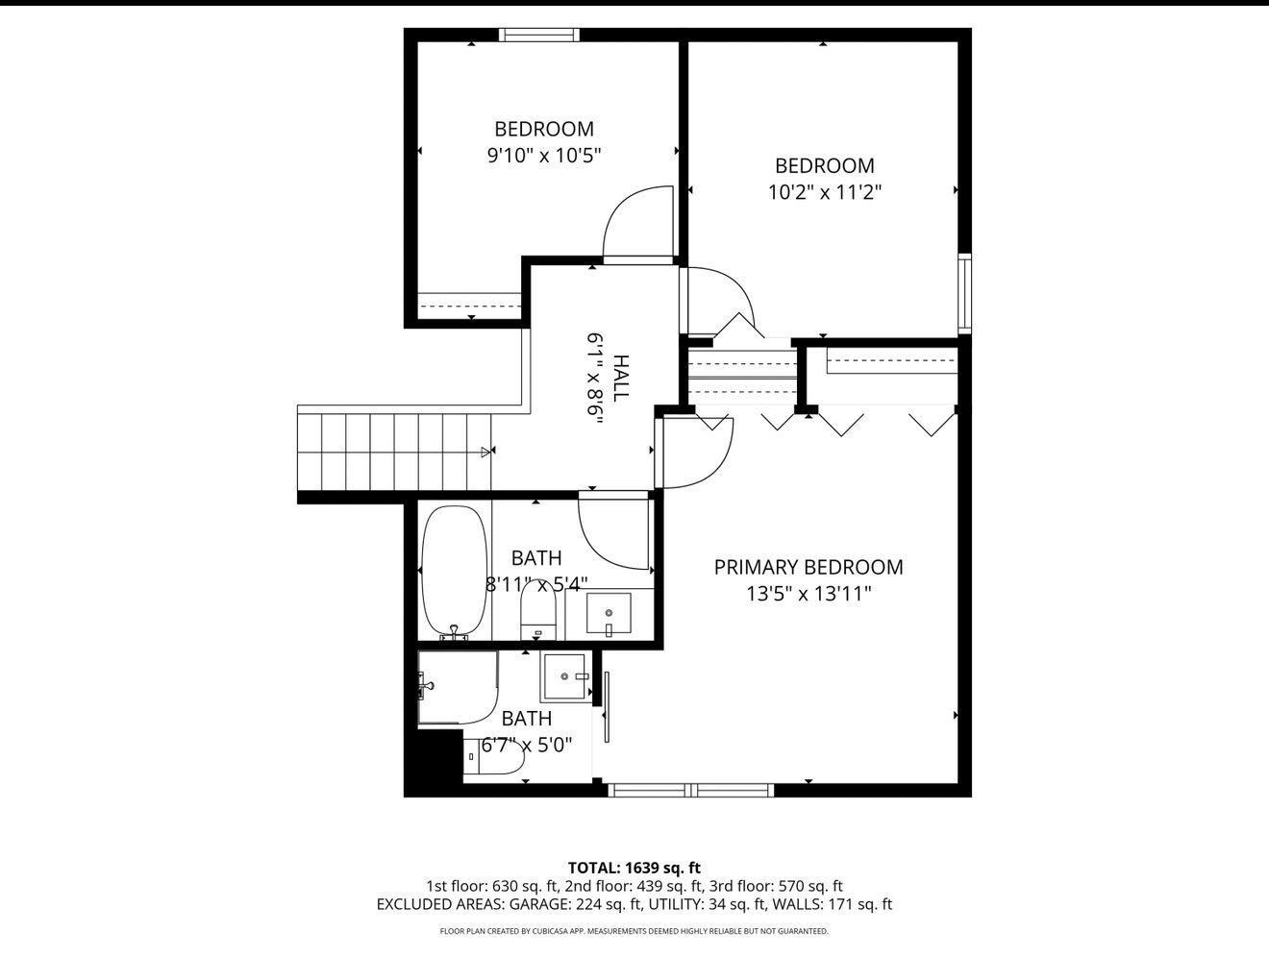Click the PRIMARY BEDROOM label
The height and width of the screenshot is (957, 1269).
[x=808, y=567]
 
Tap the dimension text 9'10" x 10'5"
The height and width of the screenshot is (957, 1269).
[x=543, y=156]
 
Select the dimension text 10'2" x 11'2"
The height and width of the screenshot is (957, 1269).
[x=824, y=192]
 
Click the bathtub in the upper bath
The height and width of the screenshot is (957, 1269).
[x=454, y=571]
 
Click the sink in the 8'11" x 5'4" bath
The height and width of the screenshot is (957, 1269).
[x=609, y=614]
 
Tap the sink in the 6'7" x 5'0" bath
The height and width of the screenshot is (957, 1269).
[x=564, y=676]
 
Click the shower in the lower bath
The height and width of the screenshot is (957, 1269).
[x=458, y=687]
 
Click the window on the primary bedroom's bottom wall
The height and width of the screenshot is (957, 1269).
[x=691, y=790]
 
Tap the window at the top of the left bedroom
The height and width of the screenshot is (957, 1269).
[x=539, y=36]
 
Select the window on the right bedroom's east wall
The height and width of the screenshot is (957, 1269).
[x=964, y=293]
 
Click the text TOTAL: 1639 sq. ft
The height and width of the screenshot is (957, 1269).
[x=634, y=868]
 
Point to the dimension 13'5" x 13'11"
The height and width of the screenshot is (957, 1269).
[x=808, y=594]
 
